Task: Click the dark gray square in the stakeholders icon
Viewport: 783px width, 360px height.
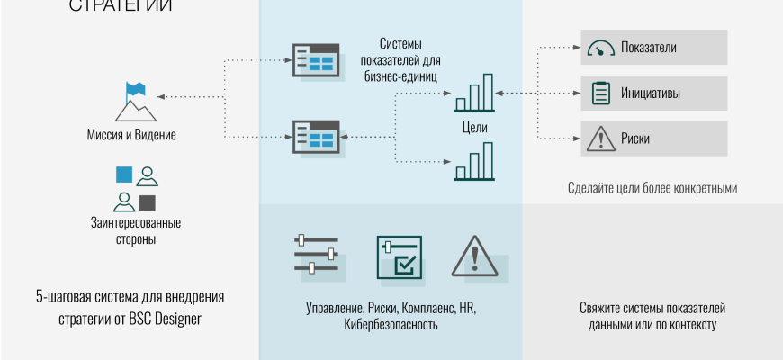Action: tap(148, 202)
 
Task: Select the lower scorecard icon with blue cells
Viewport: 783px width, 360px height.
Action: tap(314, 137)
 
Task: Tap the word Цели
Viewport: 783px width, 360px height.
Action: tap(474, 128)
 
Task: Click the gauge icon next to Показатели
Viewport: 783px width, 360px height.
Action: tap(598, 48)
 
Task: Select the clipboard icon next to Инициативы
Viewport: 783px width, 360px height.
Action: tap(598, 93)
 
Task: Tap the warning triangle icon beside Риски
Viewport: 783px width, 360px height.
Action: tap(598, 139)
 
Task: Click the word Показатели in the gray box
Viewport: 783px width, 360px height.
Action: tap(648, 48)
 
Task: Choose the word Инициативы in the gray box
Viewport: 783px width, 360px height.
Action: tap(650, 93)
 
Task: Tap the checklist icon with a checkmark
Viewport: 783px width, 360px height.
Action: tap(398, 256)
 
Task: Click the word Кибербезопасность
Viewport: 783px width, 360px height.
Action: tap(391, 324)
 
